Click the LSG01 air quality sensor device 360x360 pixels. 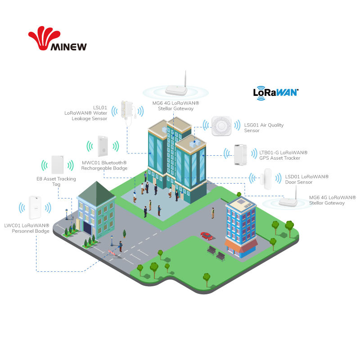pos(221,126)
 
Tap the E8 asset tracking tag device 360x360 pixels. pos(57,165)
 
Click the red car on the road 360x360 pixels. pos(207,236)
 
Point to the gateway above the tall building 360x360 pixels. pos(176,88)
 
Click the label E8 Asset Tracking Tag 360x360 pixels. pos(56,182)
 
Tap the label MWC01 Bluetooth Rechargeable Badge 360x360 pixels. pos(104,165)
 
